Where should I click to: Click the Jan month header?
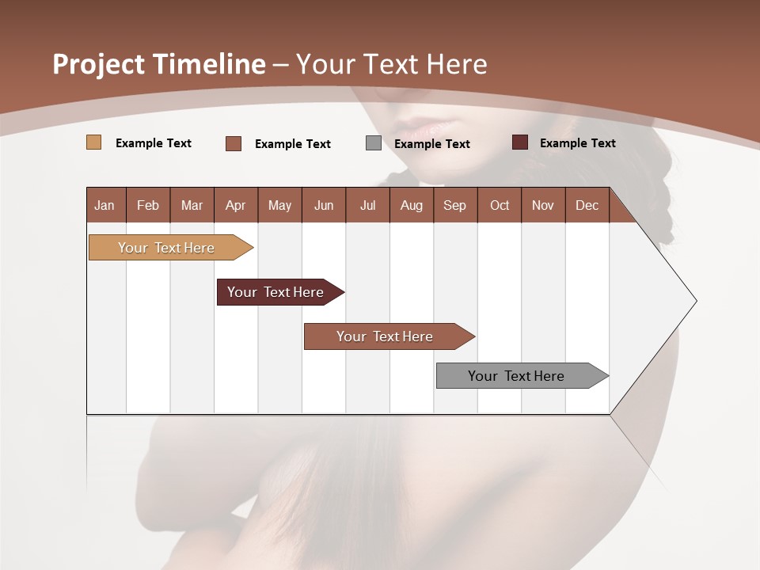pyautogui.click(x=105, y=205)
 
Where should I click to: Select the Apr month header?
pyautogui.click(x=235, y=205)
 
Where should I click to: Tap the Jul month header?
pyautogui.click(x=367, y=205)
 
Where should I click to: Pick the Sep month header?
pyautogui.click(x=454, y=205)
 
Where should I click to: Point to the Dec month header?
pyautogui.click(x=587, y=205)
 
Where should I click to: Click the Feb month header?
pyautogui.click(x=148, y=205)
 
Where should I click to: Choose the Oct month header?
pyautogui.click(x=500, y=205)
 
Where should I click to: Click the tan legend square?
pyautogui.click(x=94, y=142)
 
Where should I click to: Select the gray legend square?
pyautogui.click(x=374, y=143)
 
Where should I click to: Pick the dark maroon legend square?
pyautogui.click(x=520, y=142)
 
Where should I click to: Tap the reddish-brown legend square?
pyautogui.click(x=234, y=143)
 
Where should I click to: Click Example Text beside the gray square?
pyautogui.click(x=431, y=144)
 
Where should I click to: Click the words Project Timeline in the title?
pyautogui.click(x=158, y=64)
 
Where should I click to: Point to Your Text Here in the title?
pyautogui.click(x=391, y=64)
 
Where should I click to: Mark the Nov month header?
pyautogui.click(x=543, y=205)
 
